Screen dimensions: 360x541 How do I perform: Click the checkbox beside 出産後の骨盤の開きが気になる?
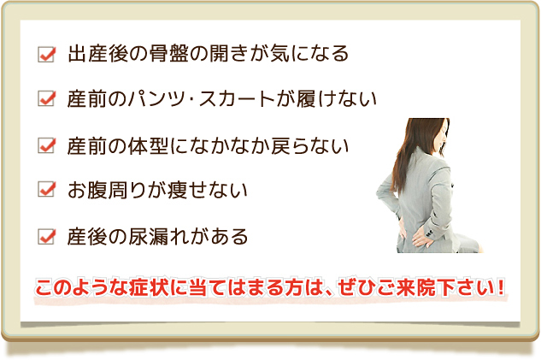pos(46,55)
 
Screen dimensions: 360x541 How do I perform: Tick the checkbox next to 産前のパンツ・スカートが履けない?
pos(46,99)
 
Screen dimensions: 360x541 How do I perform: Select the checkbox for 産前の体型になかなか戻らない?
pos(46,145)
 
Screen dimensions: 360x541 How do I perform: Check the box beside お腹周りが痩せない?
pos(46,189)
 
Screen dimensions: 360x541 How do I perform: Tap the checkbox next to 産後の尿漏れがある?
pos(46,234)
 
